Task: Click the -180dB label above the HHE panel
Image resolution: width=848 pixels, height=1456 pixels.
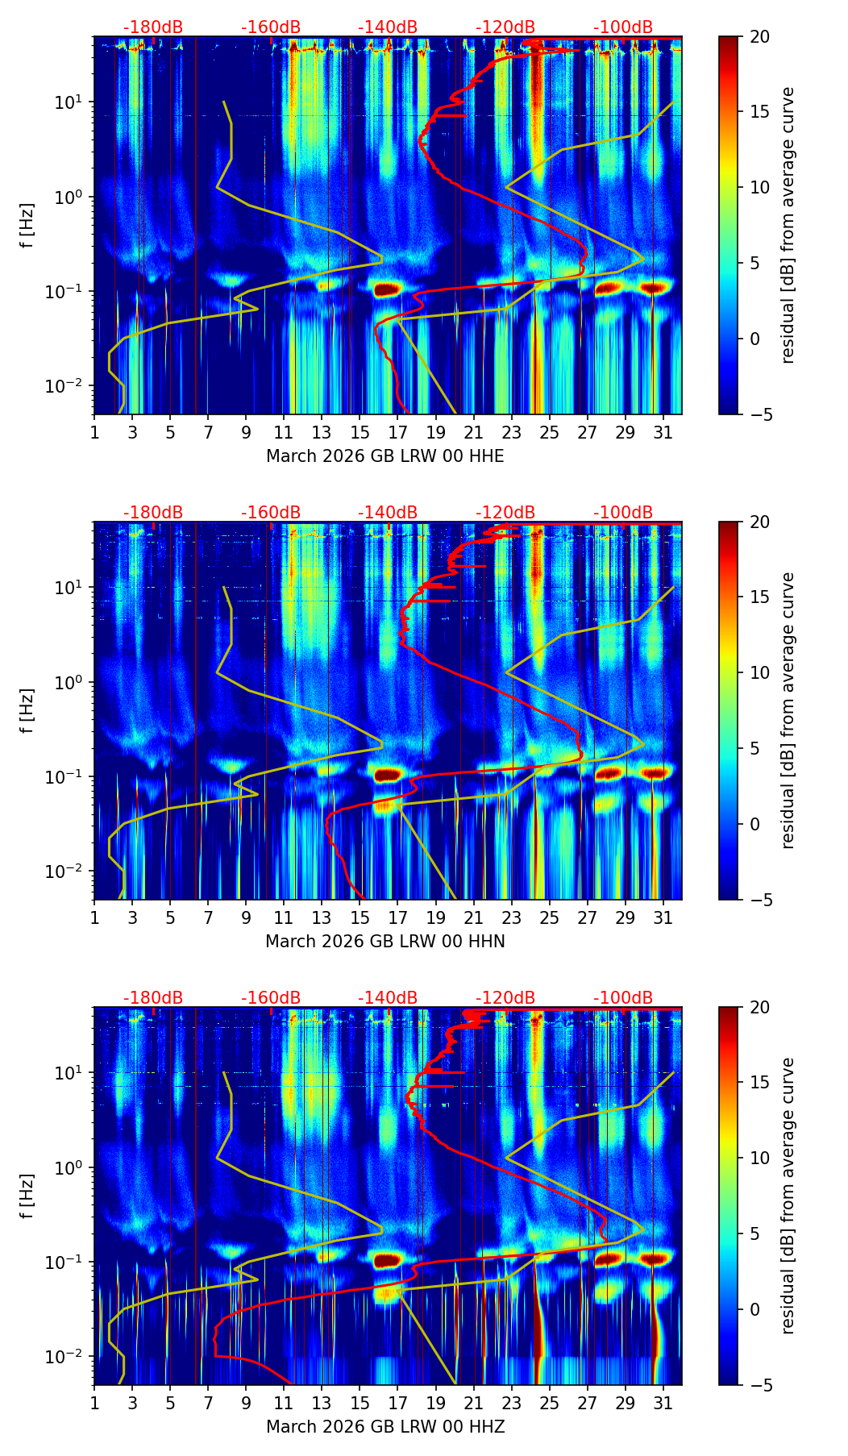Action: tap(153, 27)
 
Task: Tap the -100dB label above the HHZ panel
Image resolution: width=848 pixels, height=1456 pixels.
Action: tap(623, 998)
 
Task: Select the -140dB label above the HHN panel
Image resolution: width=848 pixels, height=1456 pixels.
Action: tap(388, 513)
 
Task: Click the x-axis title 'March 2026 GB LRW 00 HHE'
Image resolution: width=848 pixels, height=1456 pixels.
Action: tap(385, 456)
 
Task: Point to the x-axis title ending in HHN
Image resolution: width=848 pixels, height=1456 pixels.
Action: tap(385, 942)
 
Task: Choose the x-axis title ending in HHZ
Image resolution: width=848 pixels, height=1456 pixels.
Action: tap(385, 1427)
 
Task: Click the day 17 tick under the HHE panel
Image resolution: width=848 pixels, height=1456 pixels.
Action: tap(398, 432)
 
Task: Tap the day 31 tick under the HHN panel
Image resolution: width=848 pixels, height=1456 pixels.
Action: tap(663, 917)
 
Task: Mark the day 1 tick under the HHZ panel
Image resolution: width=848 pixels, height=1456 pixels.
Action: tap(94, 1403)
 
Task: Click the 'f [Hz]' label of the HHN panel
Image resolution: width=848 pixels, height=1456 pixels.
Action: tap(27, 710)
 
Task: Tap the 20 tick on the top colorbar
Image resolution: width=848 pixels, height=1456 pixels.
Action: tap(759, 37)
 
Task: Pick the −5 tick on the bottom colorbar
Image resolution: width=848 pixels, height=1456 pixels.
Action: tap(759, 1385)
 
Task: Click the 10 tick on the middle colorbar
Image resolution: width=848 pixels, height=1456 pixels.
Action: tap(759, 672)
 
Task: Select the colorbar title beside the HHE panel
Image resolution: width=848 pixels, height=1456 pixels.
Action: tap(788, 225)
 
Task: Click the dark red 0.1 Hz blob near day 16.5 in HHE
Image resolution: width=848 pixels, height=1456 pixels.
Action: tap(385, 289)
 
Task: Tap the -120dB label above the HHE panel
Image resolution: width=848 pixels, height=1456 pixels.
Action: tap(505, 27)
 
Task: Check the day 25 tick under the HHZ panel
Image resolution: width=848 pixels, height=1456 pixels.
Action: tap(550, 1403)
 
